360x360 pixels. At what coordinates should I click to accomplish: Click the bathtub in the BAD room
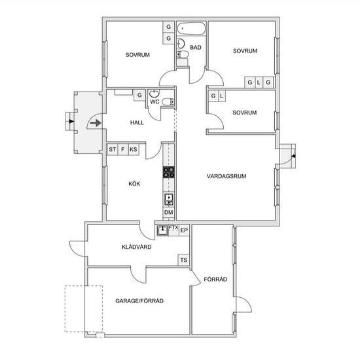tap(191, 28)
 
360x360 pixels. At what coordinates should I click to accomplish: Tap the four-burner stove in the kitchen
tap(169, 172)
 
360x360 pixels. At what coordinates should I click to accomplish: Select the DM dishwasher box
tap(169, 212)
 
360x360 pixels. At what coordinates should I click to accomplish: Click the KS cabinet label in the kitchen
tap(134, 149)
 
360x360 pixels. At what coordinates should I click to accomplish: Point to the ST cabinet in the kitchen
tap(113, 149)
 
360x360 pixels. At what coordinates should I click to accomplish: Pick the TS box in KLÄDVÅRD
tap(184, 260)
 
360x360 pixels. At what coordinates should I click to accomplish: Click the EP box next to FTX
tap(184, 230)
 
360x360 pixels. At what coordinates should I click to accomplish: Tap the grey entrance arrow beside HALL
tap(96, 123)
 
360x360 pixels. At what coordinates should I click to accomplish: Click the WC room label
tap(154, 101)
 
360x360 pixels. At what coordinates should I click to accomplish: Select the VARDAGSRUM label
tap(226, 176)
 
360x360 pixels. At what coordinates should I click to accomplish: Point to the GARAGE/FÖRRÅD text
tap(139, 301)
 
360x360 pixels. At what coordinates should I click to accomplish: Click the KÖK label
tap(134, 184)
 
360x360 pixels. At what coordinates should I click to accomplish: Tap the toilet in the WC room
tap(168, 101)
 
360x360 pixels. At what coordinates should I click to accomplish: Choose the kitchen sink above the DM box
tap(169, 199)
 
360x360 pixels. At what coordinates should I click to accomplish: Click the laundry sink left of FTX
tap(162, 230)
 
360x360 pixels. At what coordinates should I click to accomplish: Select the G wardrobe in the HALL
tap(139, 95)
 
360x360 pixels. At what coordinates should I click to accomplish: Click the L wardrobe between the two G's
tap(259, 82)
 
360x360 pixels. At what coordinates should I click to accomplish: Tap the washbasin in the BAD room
tap(181, 43)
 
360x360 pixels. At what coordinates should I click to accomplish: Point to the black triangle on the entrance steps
tap(71, 121)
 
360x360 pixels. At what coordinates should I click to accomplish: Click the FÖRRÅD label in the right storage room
tap(215, 279)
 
